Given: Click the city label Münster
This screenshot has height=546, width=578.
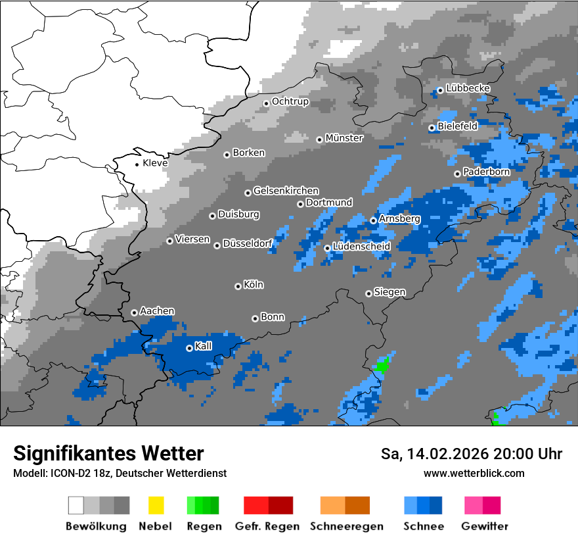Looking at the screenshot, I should (x=344, y=138).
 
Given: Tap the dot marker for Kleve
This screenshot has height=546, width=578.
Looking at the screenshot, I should (x=137, y=164).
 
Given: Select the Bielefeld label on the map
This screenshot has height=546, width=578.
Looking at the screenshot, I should (x=457, y=126).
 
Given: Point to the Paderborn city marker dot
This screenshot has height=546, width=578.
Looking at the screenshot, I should (x=457, y=174).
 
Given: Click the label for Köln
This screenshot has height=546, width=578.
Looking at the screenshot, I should (x=253, y=285).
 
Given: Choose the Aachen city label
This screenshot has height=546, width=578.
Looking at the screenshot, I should (x=157, y=311).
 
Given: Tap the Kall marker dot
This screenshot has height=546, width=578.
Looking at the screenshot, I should (x=189, y=348).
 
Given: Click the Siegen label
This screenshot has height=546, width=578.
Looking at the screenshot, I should (x=389, y=292).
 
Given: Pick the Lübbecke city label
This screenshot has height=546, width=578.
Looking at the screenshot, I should (x=468, y=88).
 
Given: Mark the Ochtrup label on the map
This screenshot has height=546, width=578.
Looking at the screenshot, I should (x=290, y=102).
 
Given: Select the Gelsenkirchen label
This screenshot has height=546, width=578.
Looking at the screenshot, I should (x=286, y=191).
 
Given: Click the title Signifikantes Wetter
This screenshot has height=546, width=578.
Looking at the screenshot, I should (x=108, y=453).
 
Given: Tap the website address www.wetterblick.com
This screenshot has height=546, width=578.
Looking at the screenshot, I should (x=474, y=473).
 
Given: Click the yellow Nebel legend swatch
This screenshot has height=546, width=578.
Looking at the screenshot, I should (x=156, y=505).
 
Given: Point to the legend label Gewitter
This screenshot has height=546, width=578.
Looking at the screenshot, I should (x=485, y=526).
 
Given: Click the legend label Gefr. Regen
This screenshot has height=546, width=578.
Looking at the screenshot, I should (x=267, y=526).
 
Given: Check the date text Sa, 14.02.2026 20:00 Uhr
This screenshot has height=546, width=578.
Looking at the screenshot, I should (x=472, y=454).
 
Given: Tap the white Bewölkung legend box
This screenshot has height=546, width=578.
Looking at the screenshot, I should (x=76, y=505).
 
